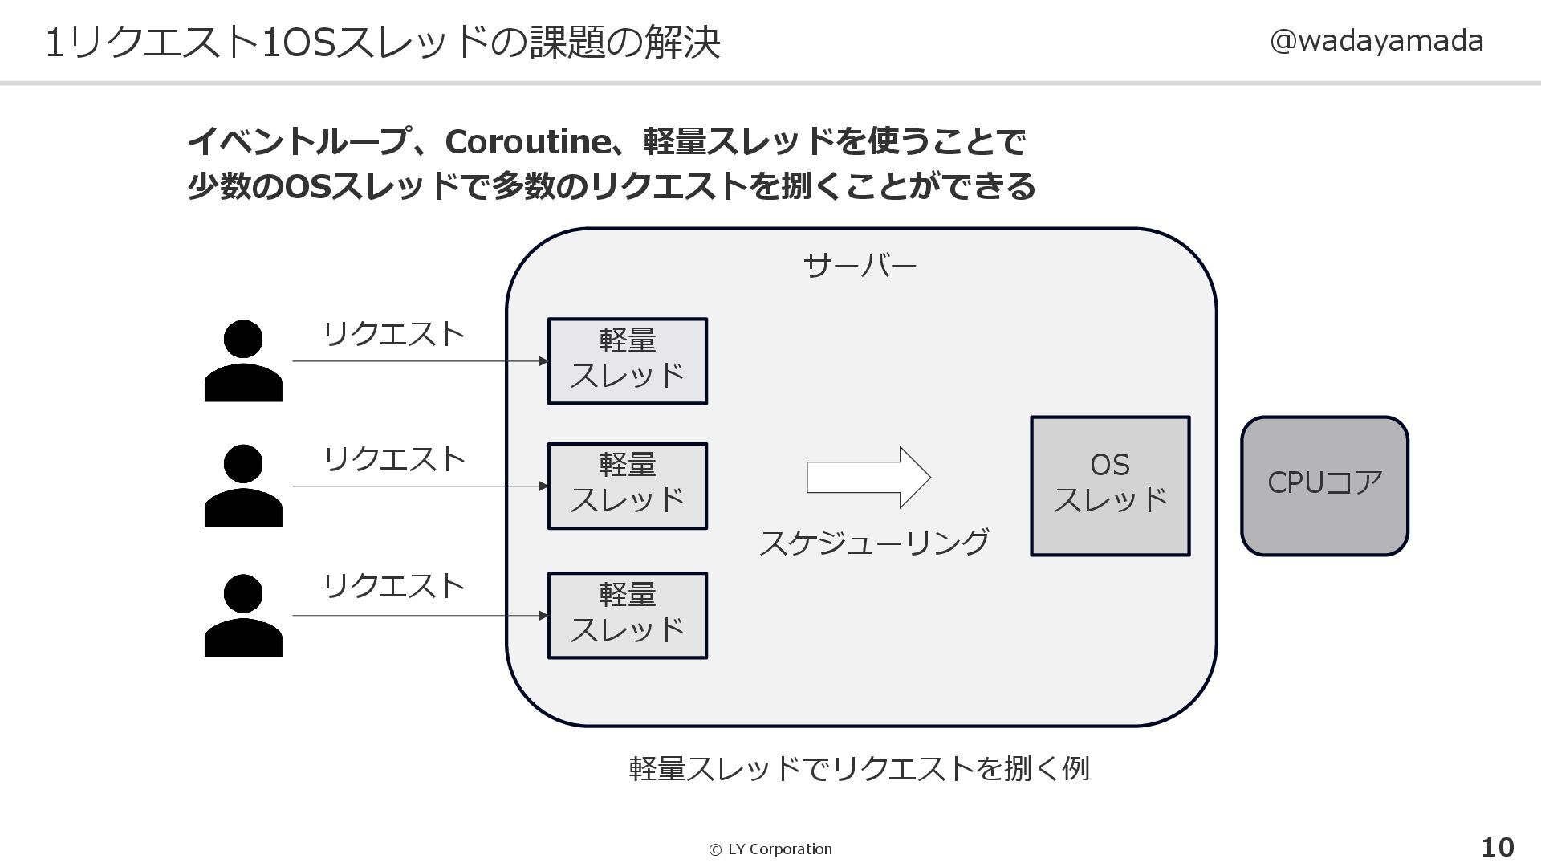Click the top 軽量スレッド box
(x=627, y=361)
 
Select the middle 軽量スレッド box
(x=627, y=486)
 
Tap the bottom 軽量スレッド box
(x=627, y=616)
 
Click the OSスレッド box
(x=1110, y=486)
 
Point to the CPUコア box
(x=1324, y=486)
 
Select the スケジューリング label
(x=874, y=543)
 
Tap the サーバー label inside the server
(x=860, y=266)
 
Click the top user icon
(x=243, y=360)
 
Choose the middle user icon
(x=243, y=486)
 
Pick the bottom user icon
(x=243, y=616)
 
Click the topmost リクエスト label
(x=393, y=334)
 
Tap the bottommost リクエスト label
(x=393, y=586)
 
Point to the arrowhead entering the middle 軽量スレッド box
(x=543, y=486)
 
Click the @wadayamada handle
(x=1376, y=41)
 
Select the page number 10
(x=1497, y=848)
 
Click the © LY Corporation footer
(x=770, y=849)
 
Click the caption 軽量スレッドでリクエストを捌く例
(x=859, y=769)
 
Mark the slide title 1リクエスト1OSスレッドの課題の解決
(x=382, y=43)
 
